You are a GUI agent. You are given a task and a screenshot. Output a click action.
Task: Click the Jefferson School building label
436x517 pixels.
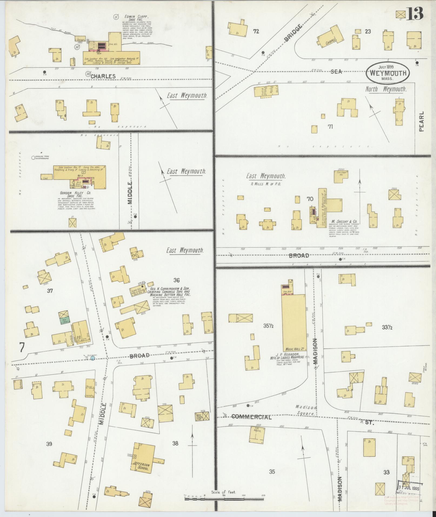[141, 466]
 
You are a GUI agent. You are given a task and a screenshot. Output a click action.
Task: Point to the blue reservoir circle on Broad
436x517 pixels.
[93, 358]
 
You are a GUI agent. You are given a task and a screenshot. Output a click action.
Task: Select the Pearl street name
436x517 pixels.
[421, 121]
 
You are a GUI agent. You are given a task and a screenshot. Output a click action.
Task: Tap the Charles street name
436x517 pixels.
[103, 76]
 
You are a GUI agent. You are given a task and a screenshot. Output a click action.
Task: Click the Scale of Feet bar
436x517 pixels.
[224, 498]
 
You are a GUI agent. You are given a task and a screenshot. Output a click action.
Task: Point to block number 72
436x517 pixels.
[256, 32]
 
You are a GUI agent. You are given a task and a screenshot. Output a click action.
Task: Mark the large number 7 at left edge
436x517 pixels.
[22, 347]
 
